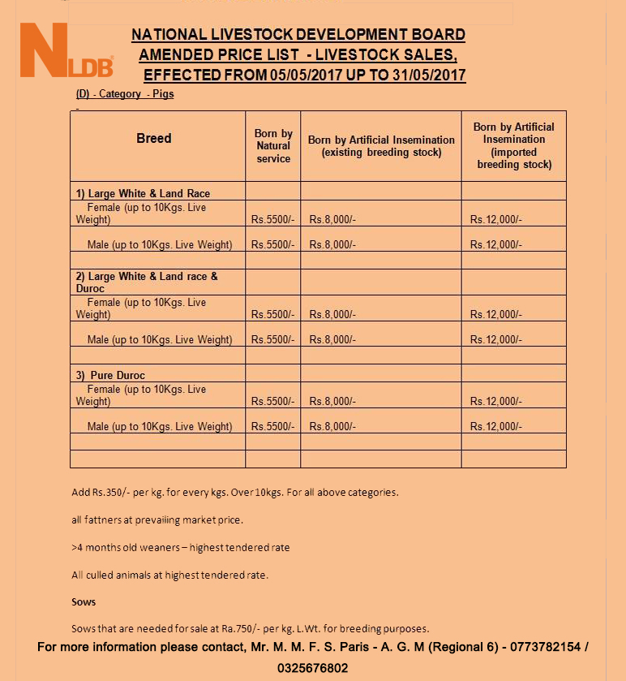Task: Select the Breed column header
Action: click(x=154, y=139)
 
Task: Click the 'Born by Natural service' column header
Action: click(x=273, y=146)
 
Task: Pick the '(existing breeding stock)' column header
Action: click(x=381, y=146)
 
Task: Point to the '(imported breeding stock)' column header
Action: click(x=514, y=145)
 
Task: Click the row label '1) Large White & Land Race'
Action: click(x=143, y=194)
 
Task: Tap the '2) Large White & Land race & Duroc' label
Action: click(x=147, y=282)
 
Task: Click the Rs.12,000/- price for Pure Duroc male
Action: click(x=496, y=427)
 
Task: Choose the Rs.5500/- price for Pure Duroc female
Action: click(x=272, y=402)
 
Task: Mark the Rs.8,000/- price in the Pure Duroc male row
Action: click(x=332, y=427)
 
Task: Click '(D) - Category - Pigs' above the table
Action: click(x=125, y=94)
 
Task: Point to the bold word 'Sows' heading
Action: click(x=84, y=602)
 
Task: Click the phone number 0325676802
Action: click(x=313, y=668)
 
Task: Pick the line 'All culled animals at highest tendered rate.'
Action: click(x=169, y=575)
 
